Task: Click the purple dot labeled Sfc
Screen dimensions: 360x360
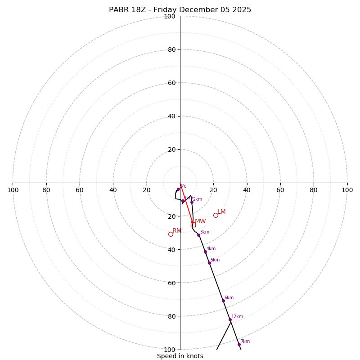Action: click(178, 189)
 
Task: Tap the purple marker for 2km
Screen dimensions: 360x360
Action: click(192, 202)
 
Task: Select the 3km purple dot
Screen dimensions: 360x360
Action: click(198, 235)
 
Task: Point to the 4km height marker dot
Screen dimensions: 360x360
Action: click(205, 252)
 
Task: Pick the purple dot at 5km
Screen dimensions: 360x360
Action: click(209, 263)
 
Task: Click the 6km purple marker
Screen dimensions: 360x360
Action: click(223, 301)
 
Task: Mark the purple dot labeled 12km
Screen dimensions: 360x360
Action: click(230, 319)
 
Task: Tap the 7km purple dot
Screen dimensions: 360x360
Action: click(239, 344)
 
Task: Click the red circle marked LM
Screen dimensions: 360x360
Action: click(216, 215)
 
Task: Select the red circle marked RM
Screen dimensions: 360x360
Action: click(171, 234)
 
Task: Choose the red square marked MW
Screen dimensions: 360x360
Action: click(193, 224)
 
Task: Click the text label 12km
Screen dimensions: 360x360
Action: click(237, 317)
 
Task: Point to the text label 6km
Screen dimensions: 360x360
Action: click(229, 298)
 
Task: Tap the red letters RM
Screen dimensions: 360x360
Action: click(177, 231)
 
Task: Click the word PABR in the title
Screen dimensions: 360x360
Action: click(118, 10)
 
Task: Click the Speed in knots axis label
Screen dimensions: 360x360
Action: click(180, 356)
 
